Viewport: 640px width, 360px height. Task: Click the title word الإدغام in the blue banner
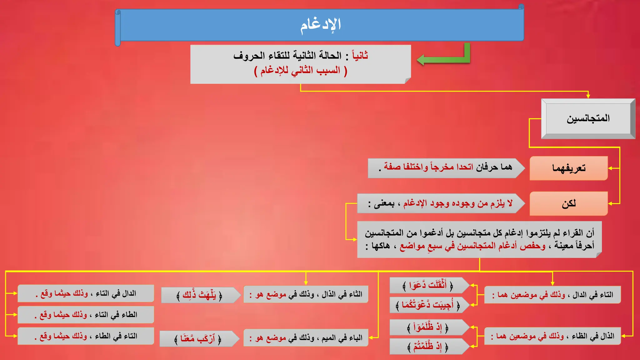[321, 25]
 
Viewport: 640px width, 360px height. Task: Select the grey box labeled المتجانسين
[588, 118]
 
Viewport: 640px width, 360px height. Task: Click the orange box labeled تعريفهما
[568, 168]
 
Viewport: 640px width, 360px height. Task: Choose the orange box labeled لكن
[568, 203]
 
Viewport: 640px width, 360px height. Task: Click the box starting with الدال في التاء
[86, 293]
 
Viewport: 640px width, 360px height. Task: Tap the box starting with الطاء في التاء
[86, 315]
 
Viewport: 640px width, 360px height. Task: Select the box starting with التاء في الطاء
[86, 336]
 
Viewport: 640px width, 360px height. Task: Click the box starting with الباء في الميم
[306, 338]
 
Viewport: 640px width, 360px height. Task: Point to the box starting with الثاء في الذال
[306, 294]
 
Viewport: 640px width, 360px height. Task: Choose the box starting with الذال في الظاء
[552, 336]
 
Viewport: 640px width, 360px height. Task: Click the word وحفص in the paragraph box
[532, 246]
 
